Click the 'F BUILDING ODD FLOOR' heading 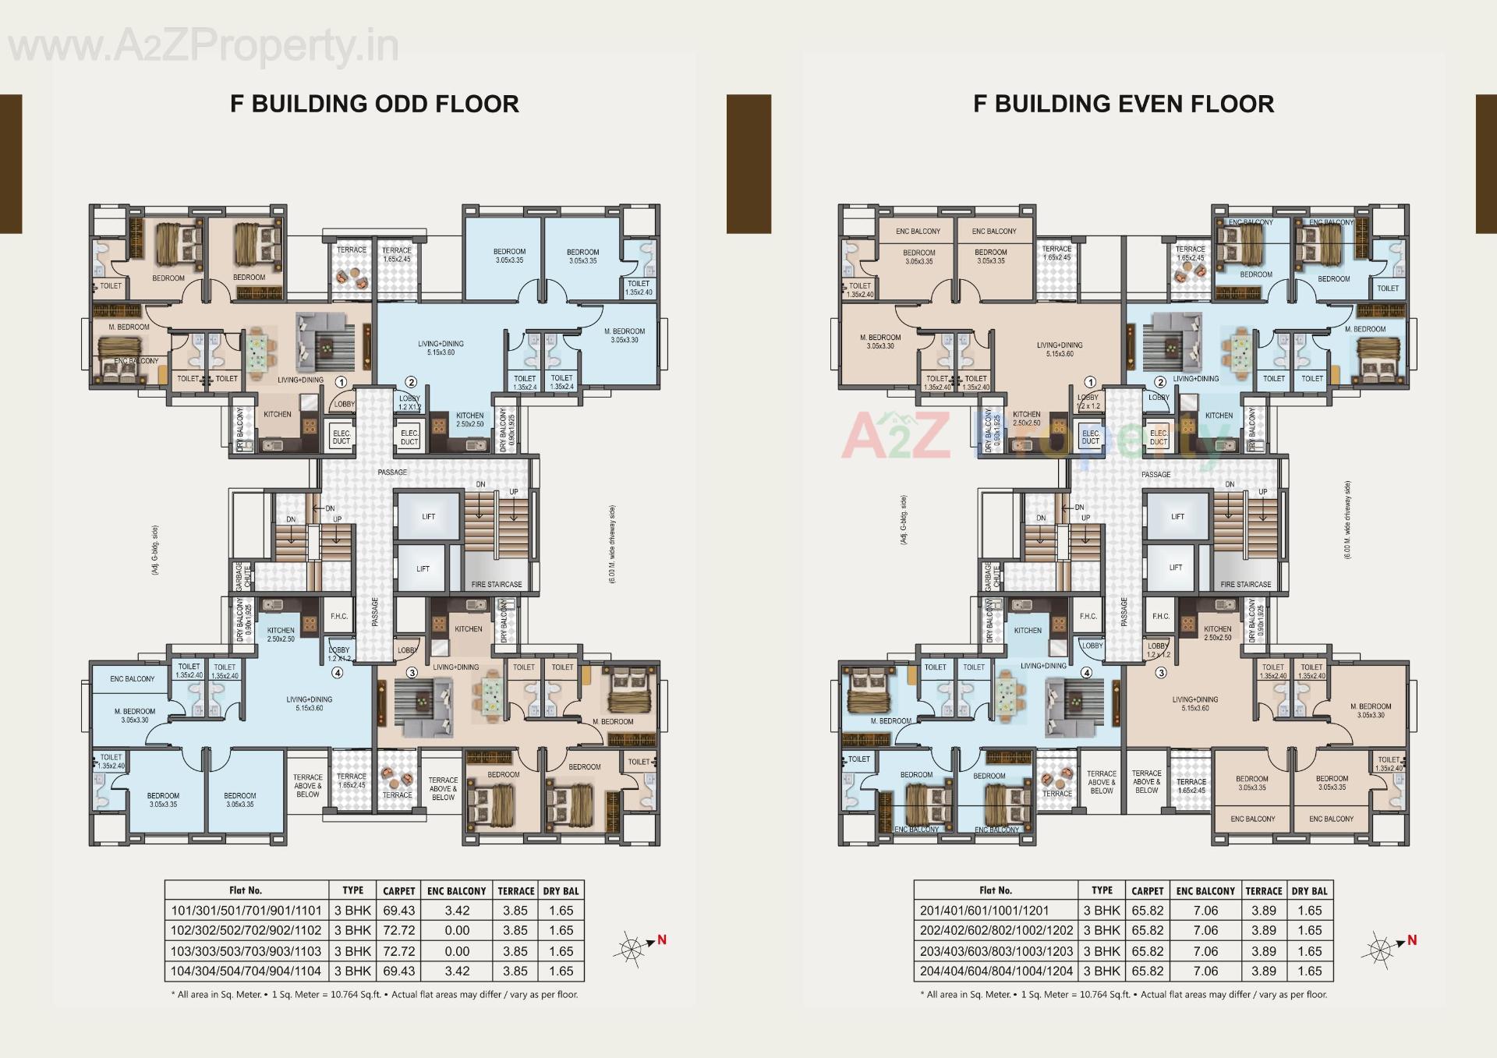374,104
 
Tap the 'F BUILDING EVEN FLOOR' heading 1124,104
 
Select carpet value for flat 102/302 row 398,930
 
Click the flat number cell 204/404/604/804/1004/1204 996,971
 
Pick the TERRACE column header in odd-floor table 515,890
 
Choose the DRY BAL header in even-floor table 1309,890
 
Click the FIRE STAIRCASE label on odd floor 497,584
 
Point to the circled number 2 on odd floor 411,382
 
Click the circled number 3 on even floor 1161,673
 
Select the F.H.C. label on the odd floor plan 339,616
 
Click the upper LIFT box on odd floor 428,516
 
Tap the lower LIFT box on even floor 1175,568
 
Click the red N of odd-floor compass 662,939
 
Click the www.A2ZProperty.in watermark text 203,47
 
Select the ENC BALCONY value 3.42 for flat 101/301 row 457,910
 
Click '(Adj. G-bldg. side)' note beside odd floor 156,550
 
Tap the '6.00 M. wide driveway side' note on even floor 1347,519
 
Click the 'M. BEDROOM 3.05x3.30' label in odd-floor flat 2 625,335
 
